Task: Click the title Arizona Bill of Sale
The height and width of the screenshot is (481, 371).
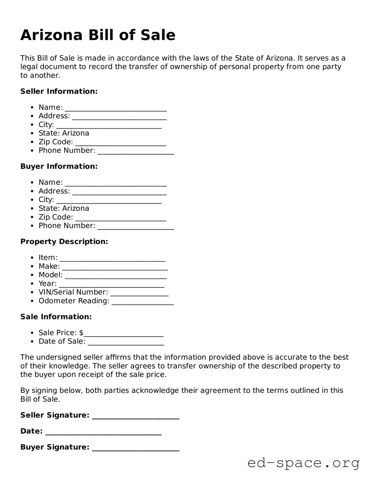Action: coord(98,35)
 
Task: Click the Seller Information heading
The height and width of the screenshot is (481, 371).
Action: coord(59,91)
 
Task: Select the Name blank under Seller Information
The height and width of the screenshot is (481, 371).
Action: coord(116,108)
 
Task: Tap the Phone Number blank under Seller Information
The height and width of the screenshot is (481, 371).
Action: coord(135,151)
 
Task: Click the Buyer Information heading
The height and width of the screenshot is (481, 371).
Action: coord(59,166)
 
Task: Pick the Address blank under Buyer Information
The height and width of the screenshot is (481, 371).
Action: coord(119,192)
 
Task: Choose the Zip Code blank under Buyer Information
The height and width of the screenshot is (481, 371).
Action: coord(120,218)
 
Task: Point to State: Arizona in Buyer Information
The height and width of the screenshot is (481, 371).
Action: coord(64,208)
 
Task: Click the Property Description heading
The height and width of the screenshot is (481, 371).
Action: coord(64,241)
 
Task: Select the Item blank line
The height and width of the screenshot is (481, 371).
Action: coord(113,258)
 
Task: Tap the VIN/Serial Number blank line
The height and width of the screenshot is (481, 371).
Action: coord(139,293)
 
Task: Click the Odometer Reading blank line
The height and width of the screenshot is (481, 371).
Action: coord(142,302)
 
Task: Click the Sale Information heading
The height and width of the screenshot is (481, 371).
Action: coord(56,317)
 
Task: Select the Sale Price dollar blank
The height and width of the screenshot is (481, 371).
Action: coord(124,333)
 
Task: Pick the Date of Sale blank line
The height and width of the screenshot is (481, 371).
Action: coord(126,342)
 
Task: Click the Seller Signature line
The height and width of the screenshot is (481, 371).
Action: coord(136,416)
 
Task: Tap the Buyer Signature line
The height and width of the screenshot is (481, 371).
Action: coord(136,448)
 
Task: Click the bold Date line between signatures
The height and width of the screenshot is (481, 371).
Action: coord(103,432)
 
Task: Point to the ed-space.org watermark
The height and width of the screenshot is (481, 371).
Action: coord(303,463)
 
